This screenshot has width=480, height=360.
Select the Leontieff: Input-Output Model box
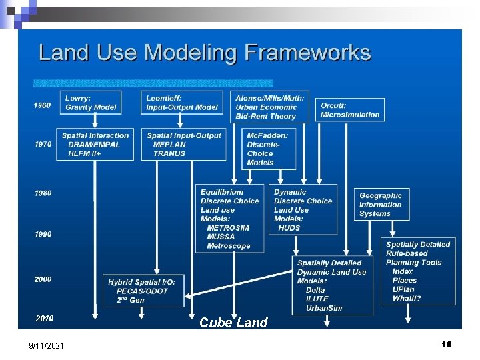tap(182, 103)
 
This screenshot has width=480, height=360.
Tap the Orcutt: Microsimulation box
tap(351, 110)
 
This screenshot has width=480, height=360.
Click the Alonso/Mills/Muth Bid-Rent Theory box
tap(270, 107)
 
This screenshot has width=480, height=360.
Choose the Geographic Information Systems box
tap(381, 205)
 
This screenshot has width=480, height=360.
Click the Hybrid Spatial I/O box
tap(143, 291)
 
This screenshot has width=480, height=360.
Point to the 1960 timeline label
tap(43, 105)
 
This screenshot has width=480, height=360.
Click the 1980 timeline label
tap(43, 193)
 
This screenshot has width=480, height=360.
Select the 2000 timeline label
tap(43, 279)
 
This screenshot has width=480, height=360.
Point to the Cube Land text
tap(233, 323)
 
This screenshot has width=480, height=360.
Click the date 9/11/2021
tap(47, 345)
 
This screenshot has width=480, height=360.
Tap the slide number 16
tap(446, 344)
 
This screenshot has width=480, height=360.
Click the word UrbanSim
tap(323, 308)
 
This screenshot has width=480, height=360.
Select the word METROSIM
tap(228, 228)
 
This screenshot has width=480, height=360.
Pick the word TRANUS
tap(169, 153)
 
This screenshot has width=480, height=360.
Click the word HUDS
tap(289, 228)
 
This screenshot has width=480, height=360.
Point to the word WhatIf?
tap(406, 299)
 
